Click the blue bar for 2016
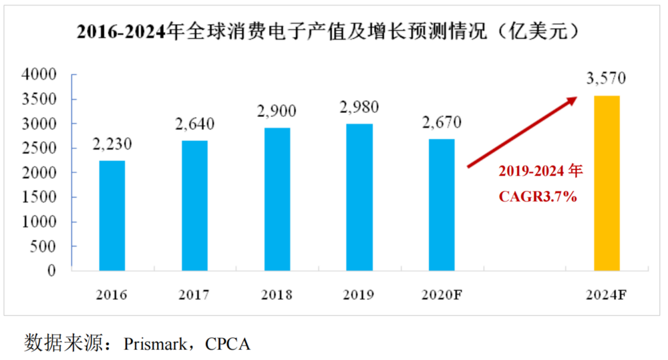point(112,216)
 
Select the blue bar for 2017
point(194,206)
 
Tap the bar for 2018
point(277,199)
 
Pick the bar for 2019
point(359,197)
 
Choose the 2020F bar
point(442,205)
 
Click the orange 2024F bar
point(607,183)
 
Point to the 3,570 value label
point(606,78)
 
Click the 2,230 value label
point(112,144)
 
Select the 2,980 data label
point(359,107)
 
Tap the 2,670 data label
point(442,122)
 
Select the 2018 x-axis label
point(277,295)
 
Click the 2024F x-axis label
point(607,295)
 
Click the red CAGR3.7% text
point(538,198)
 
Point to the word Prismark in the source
point(156,344)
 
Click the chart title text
point(327,32)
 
